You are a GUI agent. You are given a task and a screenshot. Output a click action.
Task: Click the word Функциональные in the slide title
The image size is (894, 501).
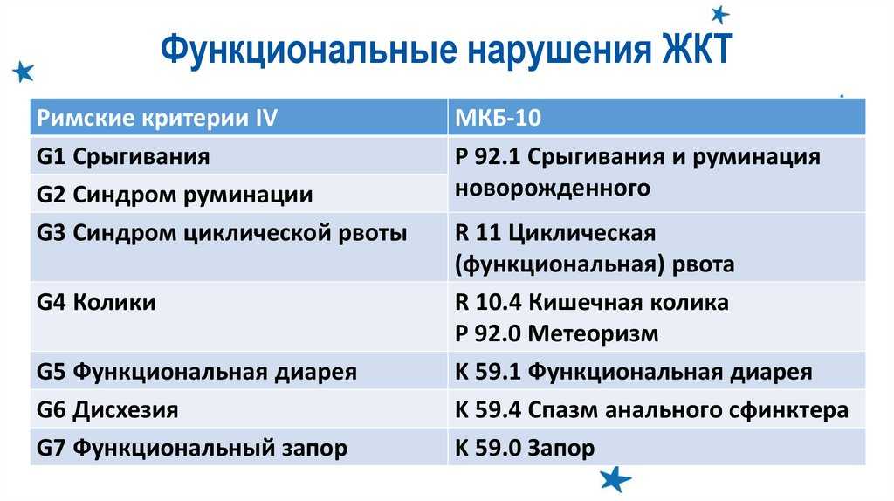coord(308,50)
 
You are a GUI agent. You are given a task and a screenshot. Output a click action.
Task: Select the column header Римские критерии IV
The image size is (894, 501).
coord(157,118)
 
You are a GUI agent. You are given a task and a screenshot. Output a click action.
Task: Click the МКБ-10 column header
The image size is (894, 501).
coord(498,118)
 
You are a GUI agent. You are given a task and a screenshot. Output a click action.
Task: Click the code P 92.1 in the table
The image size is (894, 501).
coord(487,157)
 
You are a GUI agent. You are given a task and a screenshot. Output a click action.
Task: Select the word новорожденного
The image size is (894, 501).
coord(553,188)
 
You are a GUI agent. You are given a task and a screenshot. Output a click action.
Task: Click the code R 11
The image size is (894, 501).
coord(478,233)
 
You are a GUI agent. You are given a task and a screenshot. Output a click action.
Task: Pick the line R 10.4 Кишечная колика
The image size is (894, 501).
coord(592,302)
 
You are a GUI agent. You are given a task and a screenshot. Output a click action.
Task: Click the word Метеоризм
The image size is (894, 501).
coord(593,333)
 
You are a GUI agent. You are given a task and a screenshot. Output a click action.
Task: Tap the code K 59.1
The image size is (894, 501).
coord(488,372)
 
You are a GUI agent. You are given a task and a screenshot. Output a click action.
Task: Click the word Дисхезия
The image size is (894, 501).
coord(126,410)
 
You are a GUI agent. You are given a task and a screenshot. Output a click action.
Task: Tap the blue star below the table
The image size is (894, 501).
coord(615,479)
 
